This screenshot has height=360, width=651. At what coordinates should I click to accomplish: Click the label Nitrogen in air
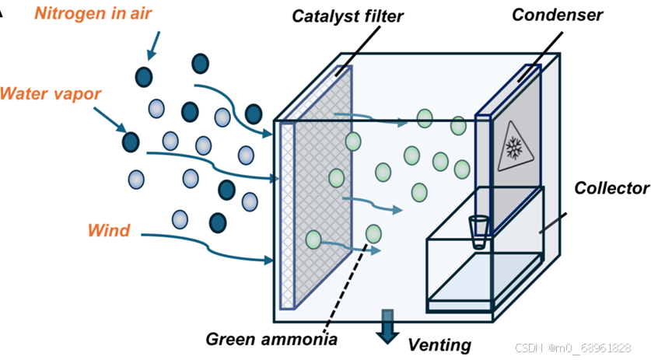coord(93,14)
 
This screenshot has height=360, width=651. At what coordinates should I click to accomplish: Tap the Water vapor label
coord(51,94)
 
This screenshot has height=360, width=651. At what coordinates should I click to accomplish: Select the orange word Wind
coord(109,230)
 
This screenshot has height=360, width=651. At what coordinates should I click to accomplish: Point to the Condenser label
coord(558,15)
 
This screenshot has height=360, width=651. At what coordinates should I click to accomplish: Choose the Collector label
coord(611,188)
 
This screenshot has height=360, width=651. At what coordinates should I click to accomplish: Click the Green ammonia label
coord(271,339)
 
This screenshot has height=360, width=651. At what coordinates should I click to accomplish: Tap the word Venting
coord(439,344)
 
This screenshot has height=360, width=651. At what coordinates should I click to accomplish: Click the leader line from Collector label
coord(554,222)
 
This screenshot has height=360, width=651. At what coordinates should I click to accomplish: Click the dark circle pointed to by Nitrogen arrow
coord(144,75)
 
